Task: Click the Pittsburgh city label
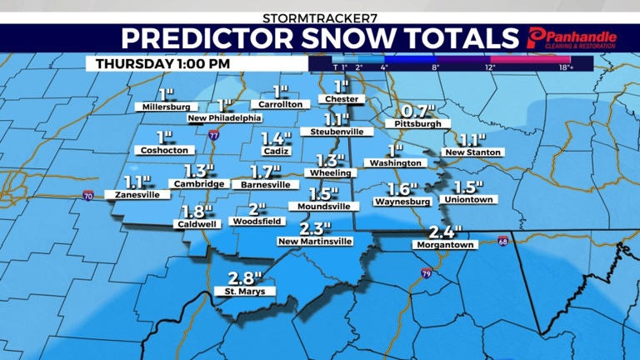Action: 413,124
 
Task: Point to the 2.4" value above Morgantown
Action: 444,232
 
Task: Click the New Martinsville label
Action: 314,241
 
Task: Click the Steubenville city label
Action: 336,132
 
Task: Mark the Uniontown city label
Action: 471,200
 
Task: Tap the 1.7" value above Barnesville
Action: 266,172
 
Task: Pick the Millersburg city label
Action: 166,107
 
